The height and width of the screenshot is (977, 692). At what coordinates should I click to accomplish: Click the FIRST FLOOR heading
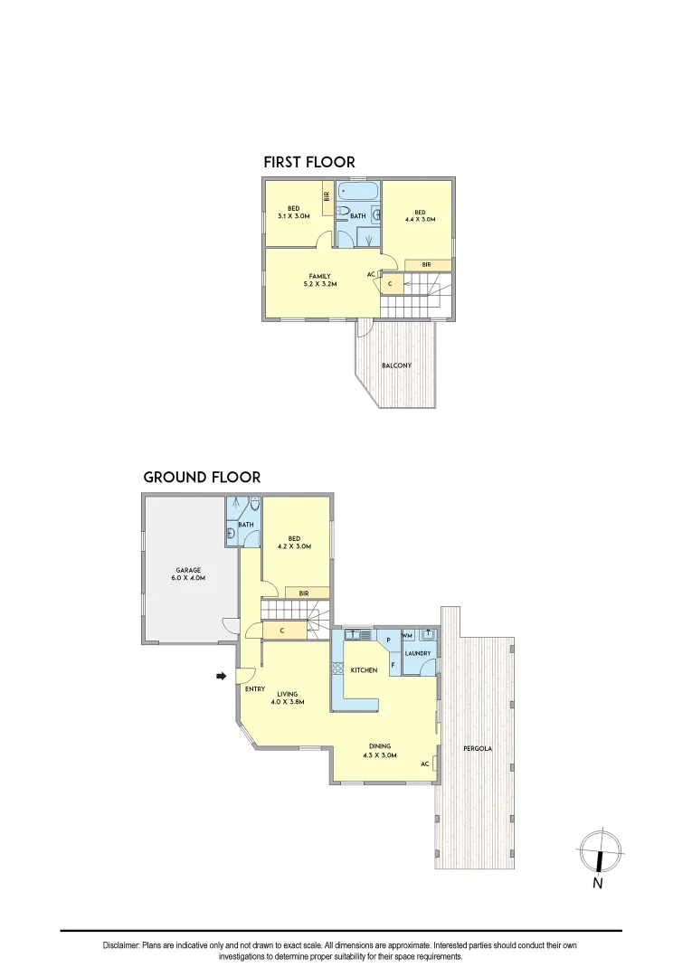coord(308,162)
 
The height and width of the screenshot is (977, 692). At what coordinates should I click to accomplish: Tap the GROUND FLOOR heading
coord(202,477)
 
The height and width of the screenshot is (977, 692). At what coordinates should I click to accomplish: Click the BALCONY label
coord(396,365)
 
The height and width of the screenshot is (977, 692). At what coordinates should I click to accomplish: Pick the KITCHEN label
coord(364,669)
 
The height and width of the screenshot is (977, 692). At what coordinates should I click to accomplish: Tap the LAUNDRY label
coord(417,653)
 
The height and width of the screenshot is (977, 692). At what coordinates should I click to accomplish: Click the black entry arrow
coord(221,675)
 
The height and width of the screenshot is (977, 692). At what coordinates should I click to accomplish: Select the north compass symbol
coord(600,851)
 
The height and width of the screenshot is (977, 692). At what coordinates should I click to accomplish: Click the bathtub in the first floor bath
coord(357,193)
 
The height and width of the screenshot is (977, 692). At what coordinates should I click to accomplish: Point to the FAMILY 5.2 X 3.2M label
coord(318,280)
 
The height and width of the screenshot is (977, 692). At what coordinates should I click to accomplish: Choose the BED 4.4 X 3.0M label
coord(420,215)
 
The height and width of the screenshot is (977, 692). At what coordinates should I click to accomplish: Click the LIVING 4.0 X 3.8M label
coord(287,697)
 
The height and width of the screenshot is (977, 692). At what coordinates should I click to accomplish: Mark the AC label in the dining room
coord(424,764)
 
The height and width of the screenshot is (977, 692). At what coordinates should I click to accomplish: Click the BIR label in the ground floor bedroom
coord(304,593)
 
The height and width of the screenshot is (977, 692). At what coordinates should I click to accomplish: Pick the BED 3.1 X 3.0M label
coord(294,212)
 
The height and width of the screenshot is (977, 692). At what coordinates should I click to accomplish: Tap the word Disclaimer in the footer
coord(121,945)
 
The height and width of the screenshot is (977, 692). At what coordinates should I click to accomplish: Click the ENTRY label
coord(254,689)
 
